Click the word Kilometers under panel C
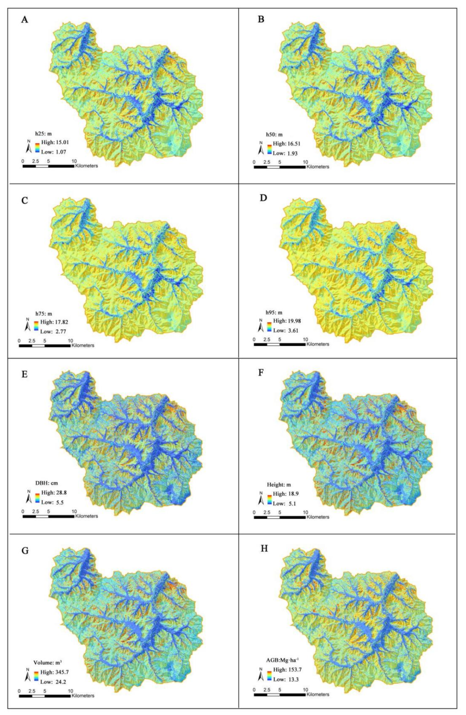tap(83, 346)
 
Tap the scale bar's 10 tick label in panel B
tap(305, 162)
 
